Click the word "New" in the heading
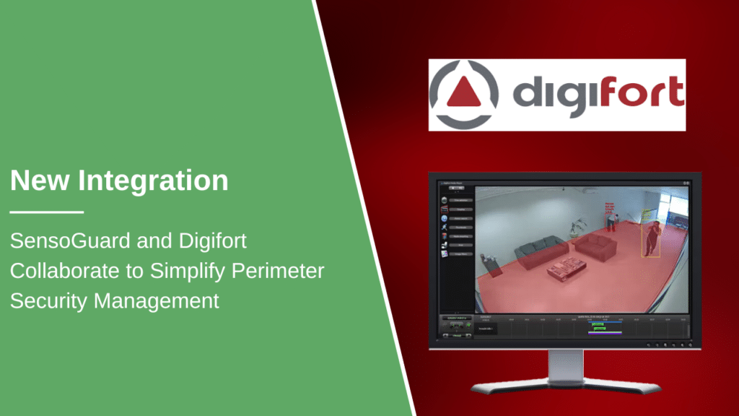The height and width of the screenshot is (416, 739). [x=42, y=180]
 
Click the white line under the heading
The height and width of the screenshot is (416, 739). [x=47, y=212]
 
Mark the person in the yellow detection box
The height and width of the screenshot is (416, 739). [x=652, y=239]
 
